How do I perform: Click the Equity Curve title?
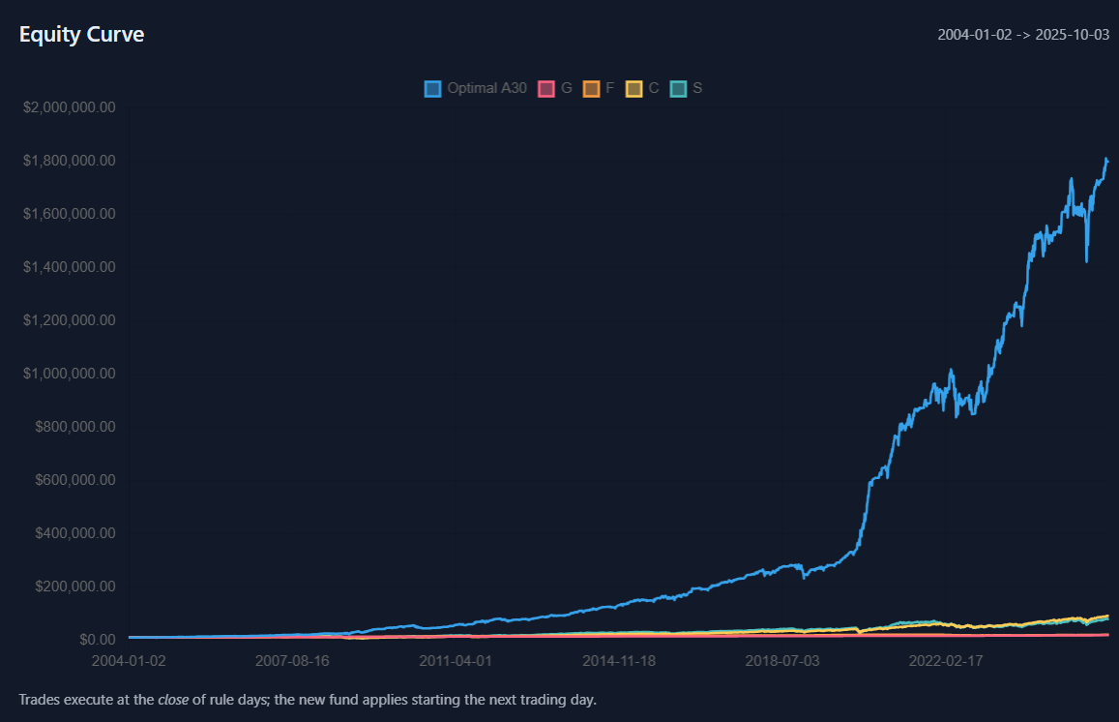81,35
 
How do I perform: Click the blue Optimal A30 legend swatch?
432,89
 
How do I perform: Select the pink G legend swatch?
546,89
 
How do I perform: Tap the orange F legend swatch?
591,89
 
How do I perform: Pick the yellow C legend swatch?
634,89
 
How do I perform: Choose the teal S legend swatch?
679,89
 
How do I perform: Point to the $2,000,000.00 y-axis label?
69,106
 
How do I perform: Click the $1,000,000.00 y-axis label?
69,374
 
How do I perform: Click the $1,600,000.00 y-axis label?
69,214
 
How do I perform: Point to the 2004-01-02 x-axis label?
129,662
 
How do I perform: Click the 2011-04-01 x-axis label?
456,662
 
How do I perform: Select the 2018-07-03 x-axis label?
782,662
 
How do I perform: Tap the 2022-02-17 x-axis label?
946,662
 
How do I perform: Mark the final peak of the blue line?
1105,159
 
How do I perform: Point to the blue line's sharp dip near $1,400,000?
1087,259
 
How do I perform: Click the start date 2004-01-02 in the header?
975,35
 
